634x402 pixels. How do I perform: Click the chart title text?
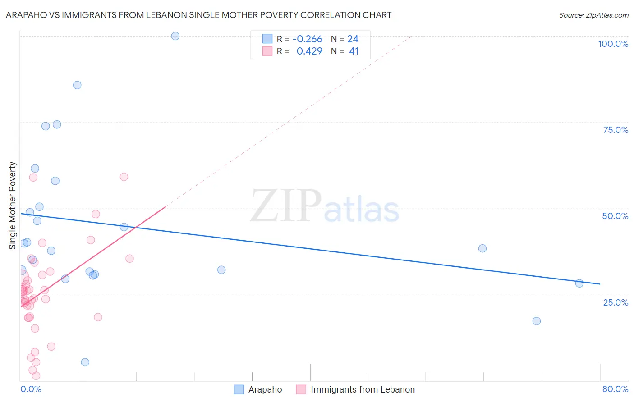click(198, 15)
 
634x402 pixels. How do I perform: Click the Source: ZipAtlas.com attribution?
click(593, 15)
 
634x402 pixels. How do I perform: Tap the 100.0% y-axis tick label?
click(613, 44)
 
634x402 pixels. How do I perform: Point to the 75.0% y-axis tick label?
click(616, 130)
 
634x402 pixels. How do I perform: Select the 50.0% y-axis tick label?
click(615, 216)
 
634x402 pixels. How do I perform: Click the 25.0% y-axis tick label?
click(616, 302)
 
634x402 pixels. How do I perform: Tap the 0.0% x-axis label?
click(31, 389)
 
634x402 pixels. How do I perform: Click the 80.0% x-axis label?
click(615, 389)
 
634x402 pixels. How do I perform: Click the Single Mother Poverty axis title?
click(13, 206)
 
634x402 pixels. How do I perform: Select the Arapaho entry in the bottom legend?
click(265, 389)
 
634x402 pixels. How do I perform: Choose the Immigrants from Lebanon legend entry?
click(363, 389)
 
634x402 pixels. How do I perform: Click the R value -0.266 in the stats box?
click(307, 39)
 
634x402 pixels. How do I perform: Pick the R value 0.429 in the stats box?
click(309, 51)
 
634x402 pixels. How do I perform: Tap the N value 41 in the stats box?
click(354, 51)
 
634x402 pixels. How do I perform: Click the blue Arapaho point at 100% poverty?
click(175, 36)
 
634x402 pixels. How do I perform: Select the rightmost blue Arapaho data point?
click(579, 283)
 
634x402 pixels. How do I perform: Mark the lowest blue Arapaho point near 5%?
click(85, 362)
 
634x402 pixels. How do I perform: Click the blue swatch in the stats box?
click(267, 39)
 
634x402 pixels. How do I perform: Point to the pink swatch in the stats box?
click(267, 51)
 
